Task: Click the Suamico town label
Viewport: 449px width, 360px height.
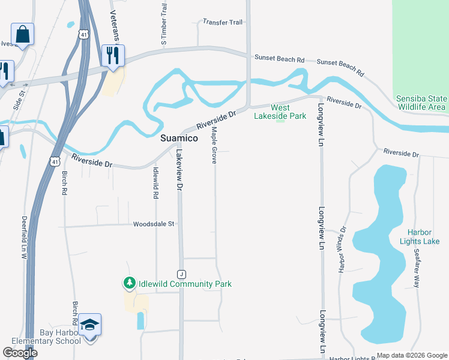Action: [x=179, y=138]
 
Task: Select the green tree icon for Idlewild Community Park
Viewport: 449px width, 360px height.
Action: [x=129, y=283]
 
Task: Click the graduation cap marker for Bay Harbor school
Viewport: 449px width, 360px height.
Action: [x=89, y=325]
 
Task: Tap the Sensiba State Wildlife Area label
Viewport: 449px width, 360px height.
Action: [x=421, y=103]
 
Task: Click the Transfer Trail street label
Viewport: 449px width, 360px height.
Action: [x=223, y=22]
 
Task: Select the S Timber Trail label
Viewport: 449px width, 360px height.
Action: [x=163, y=24]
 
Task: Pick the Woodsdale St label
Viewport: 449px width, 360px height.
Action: [x=154, y=224]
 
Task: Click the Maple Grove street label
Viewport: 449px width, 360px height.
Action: [x=214, y=146]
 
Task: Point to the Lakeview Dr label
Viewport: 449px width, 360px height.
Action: [x=178, y=170]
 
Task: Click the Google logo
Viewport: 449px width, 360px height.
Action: [x=20, y=353]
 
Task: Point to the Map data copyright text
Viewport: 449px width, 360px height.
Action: [x=411, y=355]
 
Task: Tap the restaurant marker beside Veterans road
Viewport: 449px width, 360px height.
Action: [x=112, y=56]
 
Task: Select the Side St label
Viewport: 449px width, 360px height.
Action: [x=23, y=98]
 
